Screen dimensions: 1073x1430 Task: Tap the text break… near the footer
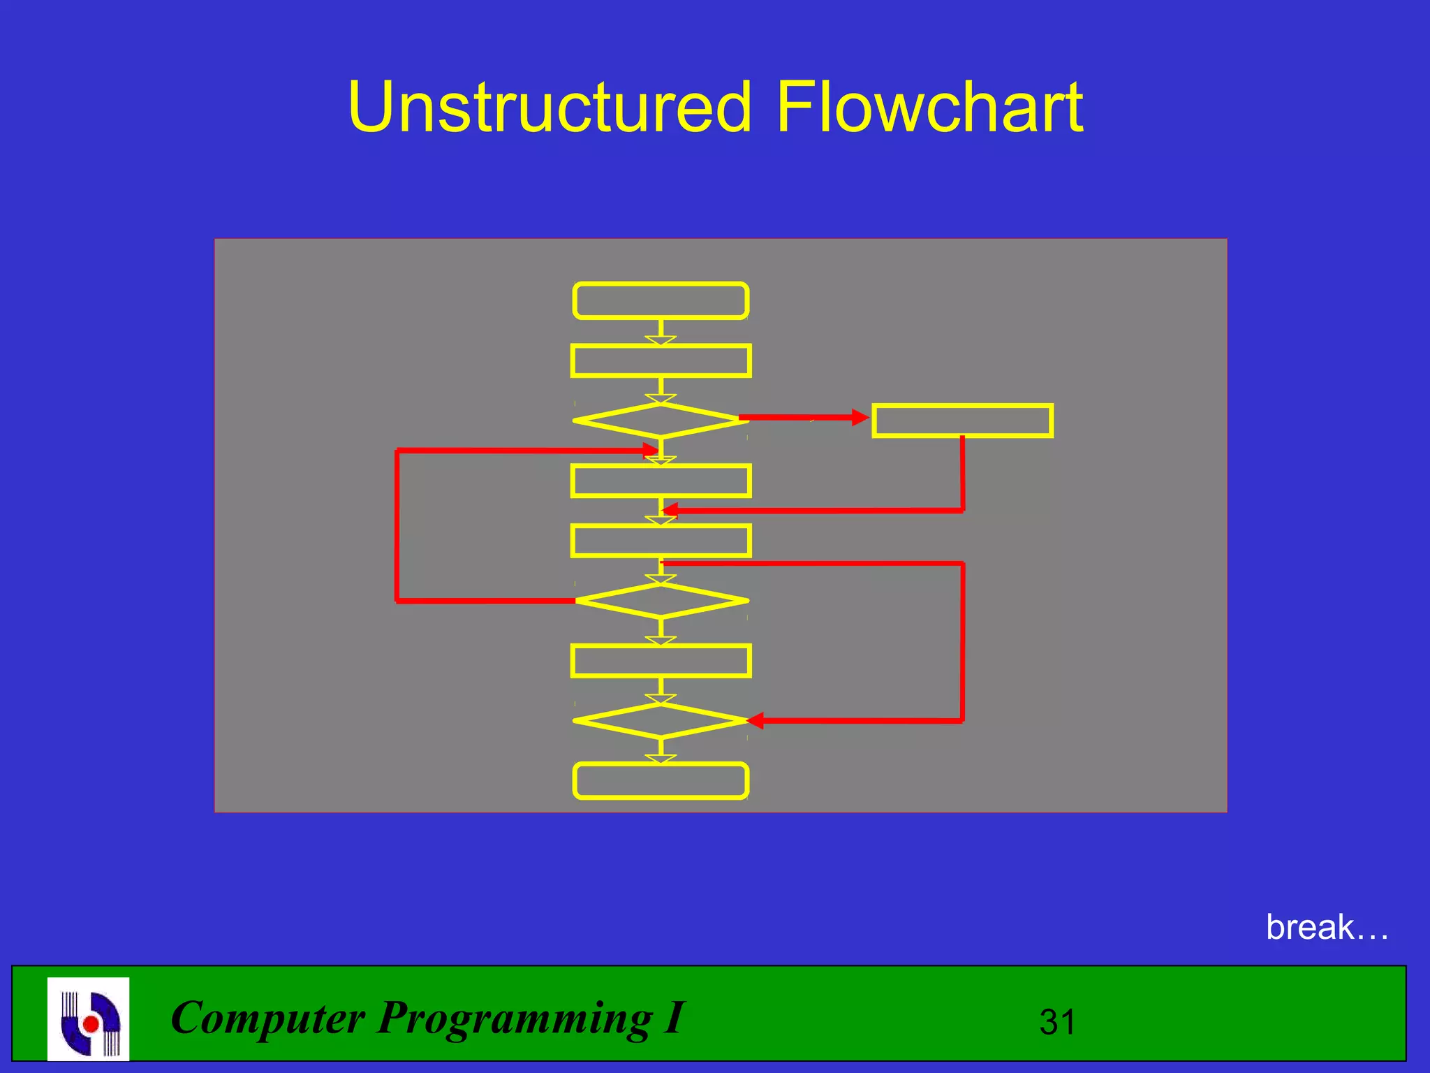(1327, 928)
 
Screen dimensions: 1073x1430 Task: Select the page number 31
(1057, 1022)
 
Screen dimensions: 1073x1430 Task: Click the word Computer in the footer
(267, 1018)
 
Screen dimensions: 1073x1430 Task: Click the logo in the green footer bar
(89, 1019)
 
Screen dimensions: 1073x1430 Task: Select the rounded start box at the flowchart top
(661, 301)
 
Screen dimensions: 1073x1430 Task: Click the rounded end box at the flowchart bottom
(661, 781)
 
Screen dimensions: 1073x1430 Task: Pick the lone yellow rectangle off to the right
(962, 421)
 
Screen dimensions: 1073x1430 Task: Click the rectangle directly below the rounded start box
(661, 361)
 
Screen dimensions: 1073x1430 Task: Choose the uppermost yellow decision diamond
(661, 421)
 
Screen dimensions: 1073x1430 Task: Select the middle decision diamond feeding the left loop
(661, 601)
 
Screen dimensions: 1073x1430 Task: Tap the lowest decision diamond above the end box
(661, 721)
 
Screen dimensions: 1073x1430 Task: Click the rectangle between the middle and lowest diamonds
(661, 661)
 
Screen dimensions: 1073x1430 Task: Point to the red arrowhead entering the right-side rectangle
(860, 418)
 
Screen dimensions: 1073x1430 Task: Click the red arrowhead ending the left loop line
(651, 451)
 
